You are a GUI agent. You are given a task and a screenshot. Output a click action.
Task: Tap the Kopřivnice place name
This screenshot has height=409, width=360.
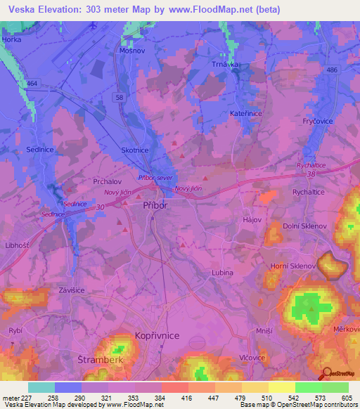pos(157,337)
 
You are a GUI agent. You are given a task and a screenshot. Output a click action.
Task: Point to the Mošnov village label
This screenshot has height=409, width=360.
pos(131,51)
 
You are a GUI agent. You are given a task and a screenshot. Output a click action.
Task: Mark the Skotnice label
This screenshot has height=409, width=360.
pos(135,150)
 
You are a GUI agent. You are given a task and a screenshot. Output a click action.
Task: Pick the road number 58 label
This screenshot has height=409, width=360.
pos(120,96)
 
